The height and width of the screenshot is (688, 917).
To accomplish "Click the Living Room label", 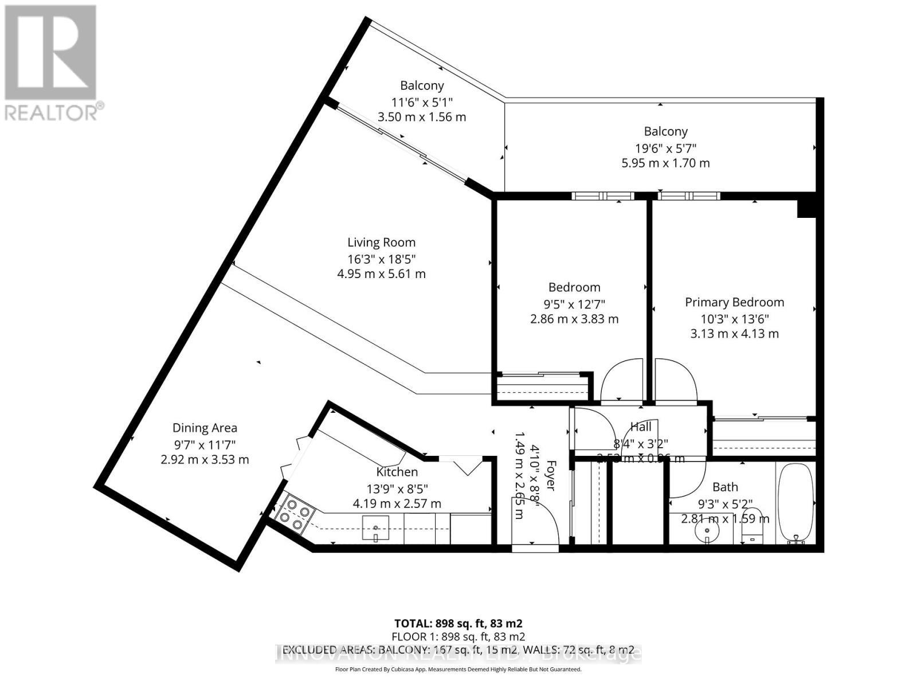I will pos(381,243).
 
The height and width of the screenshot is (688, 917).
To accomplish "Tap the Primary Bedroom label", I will pos(734,302).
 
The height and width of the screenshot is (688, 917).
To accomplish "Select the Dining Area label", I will pos(205,428).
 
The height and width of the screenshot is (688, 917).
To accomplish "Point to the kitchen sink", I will pos(375,528).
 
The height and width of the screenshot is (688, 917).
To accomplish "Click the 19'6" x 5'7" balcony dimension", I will pos(665,147).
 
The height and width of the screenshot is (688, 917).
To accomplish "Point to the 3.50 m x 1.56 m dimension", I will pos(422,117).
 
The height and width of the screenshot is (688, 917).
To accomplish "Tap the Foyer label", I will pos(551,475).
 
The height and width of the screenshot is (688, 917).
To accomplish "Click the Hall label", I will pos(641,427).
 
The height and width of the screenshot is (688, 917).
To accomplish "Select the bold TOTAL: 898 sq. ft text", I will pos(458,623).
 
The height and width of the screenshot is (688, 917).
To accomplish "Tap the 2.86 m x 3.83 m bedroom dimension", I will pos(574,319).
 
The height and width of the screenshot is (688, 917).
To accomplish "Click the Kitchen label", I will pos(397,472).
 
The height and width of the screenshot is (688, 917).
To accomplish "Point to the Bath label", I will pos(725,487).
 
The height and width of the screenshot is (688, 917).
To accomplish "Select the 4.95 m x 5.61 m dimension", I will pos(381,274).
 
